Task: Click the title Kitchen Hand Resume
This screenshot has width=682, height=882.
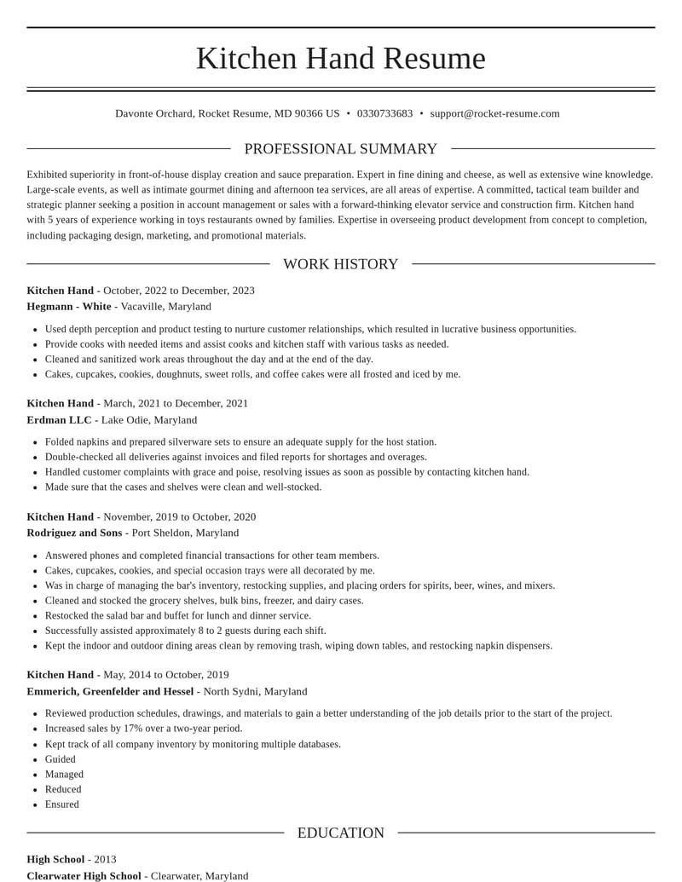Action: coord(340,58)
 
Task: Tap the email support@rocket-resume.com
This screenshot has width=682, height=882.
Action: coord(494,113)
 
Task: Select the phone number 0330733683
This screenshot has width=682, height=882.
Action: coord(384,113)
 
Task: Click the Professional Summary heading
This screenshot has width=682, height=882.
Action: coord(340,149)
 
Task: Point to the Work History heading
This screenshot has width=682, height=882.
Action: coord(340,264)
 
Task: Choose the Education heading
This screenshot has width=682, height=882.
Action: coord(340,833)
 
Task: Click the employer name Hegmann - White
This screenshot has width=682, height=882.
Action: coord(69,306)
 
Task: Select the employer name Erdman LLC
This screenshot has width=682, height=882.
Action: coord(59,419)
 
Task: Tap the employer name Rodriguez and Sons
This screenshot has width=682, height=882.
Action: coord(74,533)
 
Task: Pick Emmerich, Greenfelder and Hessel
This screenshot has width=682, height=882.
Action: coord(110,691)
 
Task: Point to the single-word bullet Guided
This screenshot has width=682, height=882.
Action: coord(60,759)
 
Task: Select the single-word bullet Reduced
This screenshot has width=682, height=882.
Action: coord(63,789)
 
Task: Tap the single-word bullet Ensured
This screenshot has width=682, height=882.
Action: coord(61,804)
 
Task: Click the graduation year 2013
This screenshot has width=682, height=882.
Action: coord(105,859)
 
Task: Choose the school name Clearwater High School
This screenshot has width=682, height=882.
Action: coord(84,875)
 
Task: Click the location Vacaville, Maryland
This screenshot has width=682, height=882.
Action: coord(165,306)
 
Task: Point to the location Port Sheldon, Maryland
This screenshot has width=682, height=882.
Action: coord(185,533)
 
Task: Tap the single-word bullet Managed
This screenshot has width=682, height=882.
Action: coord(64,775)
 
